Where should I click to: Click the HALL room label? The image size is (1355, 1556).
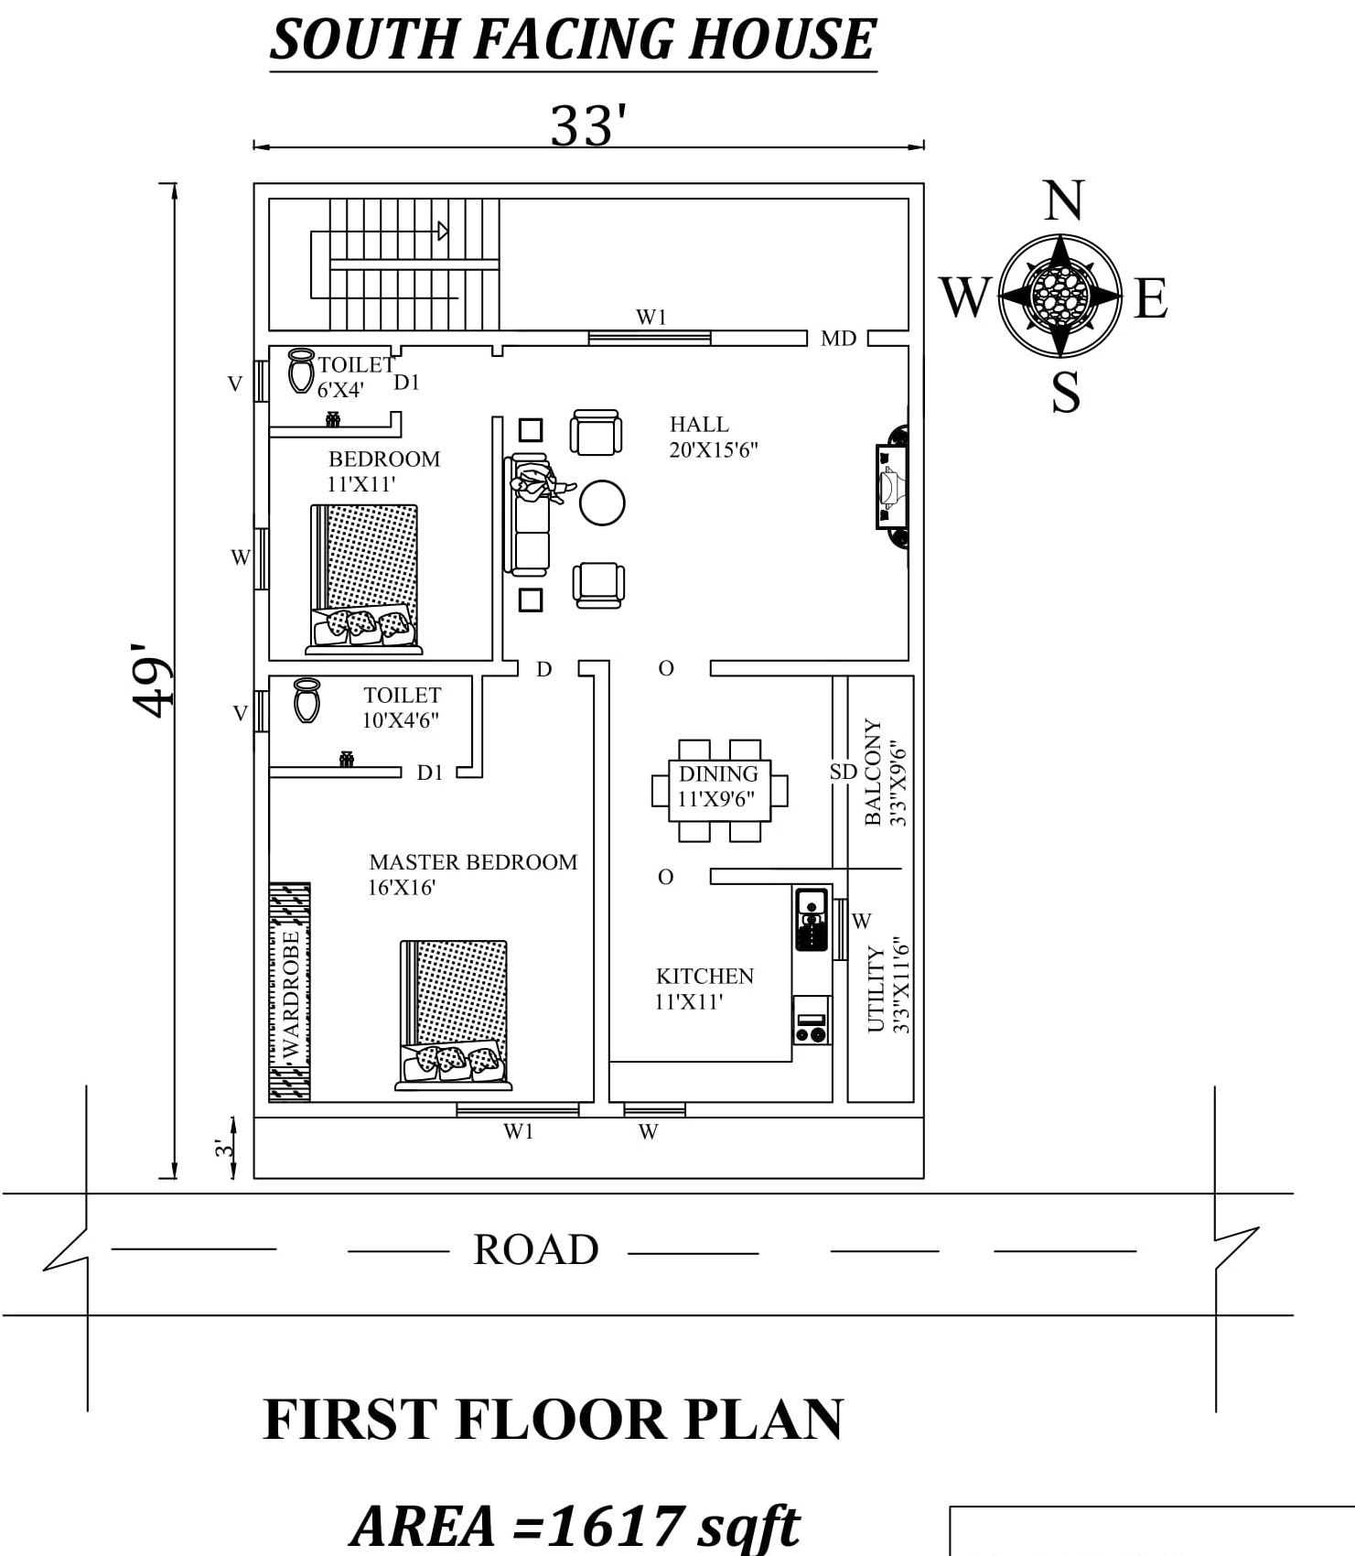[x=699, y=425]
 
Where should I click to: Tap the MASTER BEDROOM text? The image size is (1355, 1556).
[x=473, y=862]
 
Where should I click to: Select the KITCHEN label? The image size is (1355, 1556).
[x=704, y=976]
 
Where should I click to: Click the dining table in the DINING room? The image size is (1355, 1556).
[x=719, y=789]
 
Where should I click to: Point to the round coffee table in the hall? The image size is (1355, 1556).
[x=602, y=502]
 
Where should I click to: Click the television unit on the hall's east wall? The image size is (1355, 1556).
[x=891, y=486]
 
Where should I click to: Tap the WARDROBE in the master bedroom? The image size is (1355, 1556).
[x=289, y=992]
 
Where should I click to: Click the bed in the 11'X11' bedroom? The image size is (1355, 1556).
[x=365, y=578]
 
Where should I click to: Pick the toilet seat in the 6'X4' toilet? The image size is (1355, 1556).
[x=300, y=371]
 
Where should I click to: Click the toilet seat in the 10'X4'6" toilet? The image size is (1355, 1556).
[x=306, y=700]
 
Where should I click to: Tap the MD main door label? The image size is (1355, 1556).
[x=838, y=339]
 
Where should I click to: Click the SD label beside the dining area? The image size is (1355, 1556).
[x=843, y=772]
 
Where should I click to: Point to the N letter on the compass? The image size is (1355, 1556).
[x=1063, y=200]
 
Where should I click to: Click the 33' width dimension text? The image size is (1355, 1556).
[x=588, y=125]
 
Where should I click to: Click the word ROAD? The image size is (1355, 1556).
[x=535, y=1249]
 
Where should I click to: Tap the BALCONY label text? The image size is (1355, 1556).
[x=873, y=772]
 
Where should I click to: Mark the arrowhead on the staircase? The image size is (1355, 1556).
[x=444, y=231]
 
